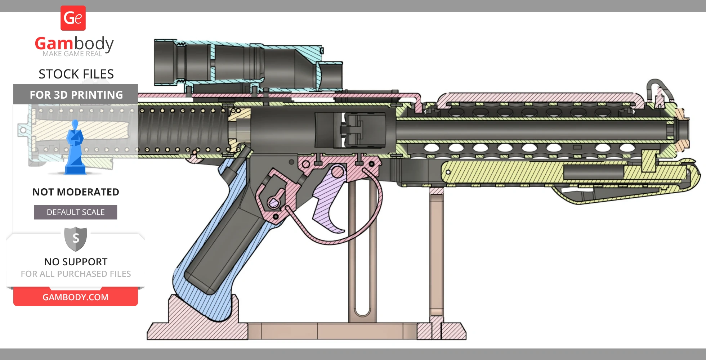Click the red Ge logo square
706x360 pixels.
(73, 18)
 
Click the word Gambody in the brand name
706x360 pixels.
(74, 44)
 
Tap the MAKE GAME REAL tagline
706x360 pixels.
(72, 54)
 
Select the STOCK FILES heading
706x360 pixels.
(76, 74)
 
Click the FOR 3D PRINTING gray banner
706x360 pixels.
(76, 95)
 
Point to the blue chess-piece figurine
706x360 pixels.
(75, 148)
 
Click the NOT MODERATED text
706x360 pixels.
(76, 192)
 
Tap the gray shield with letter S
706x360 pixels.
(76, 238)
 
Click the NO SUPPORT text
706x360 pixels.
(76, 262)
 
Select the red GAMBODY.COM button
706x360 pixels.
(76, 297)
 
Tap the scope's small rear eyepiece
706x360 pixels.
(331, 76)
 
